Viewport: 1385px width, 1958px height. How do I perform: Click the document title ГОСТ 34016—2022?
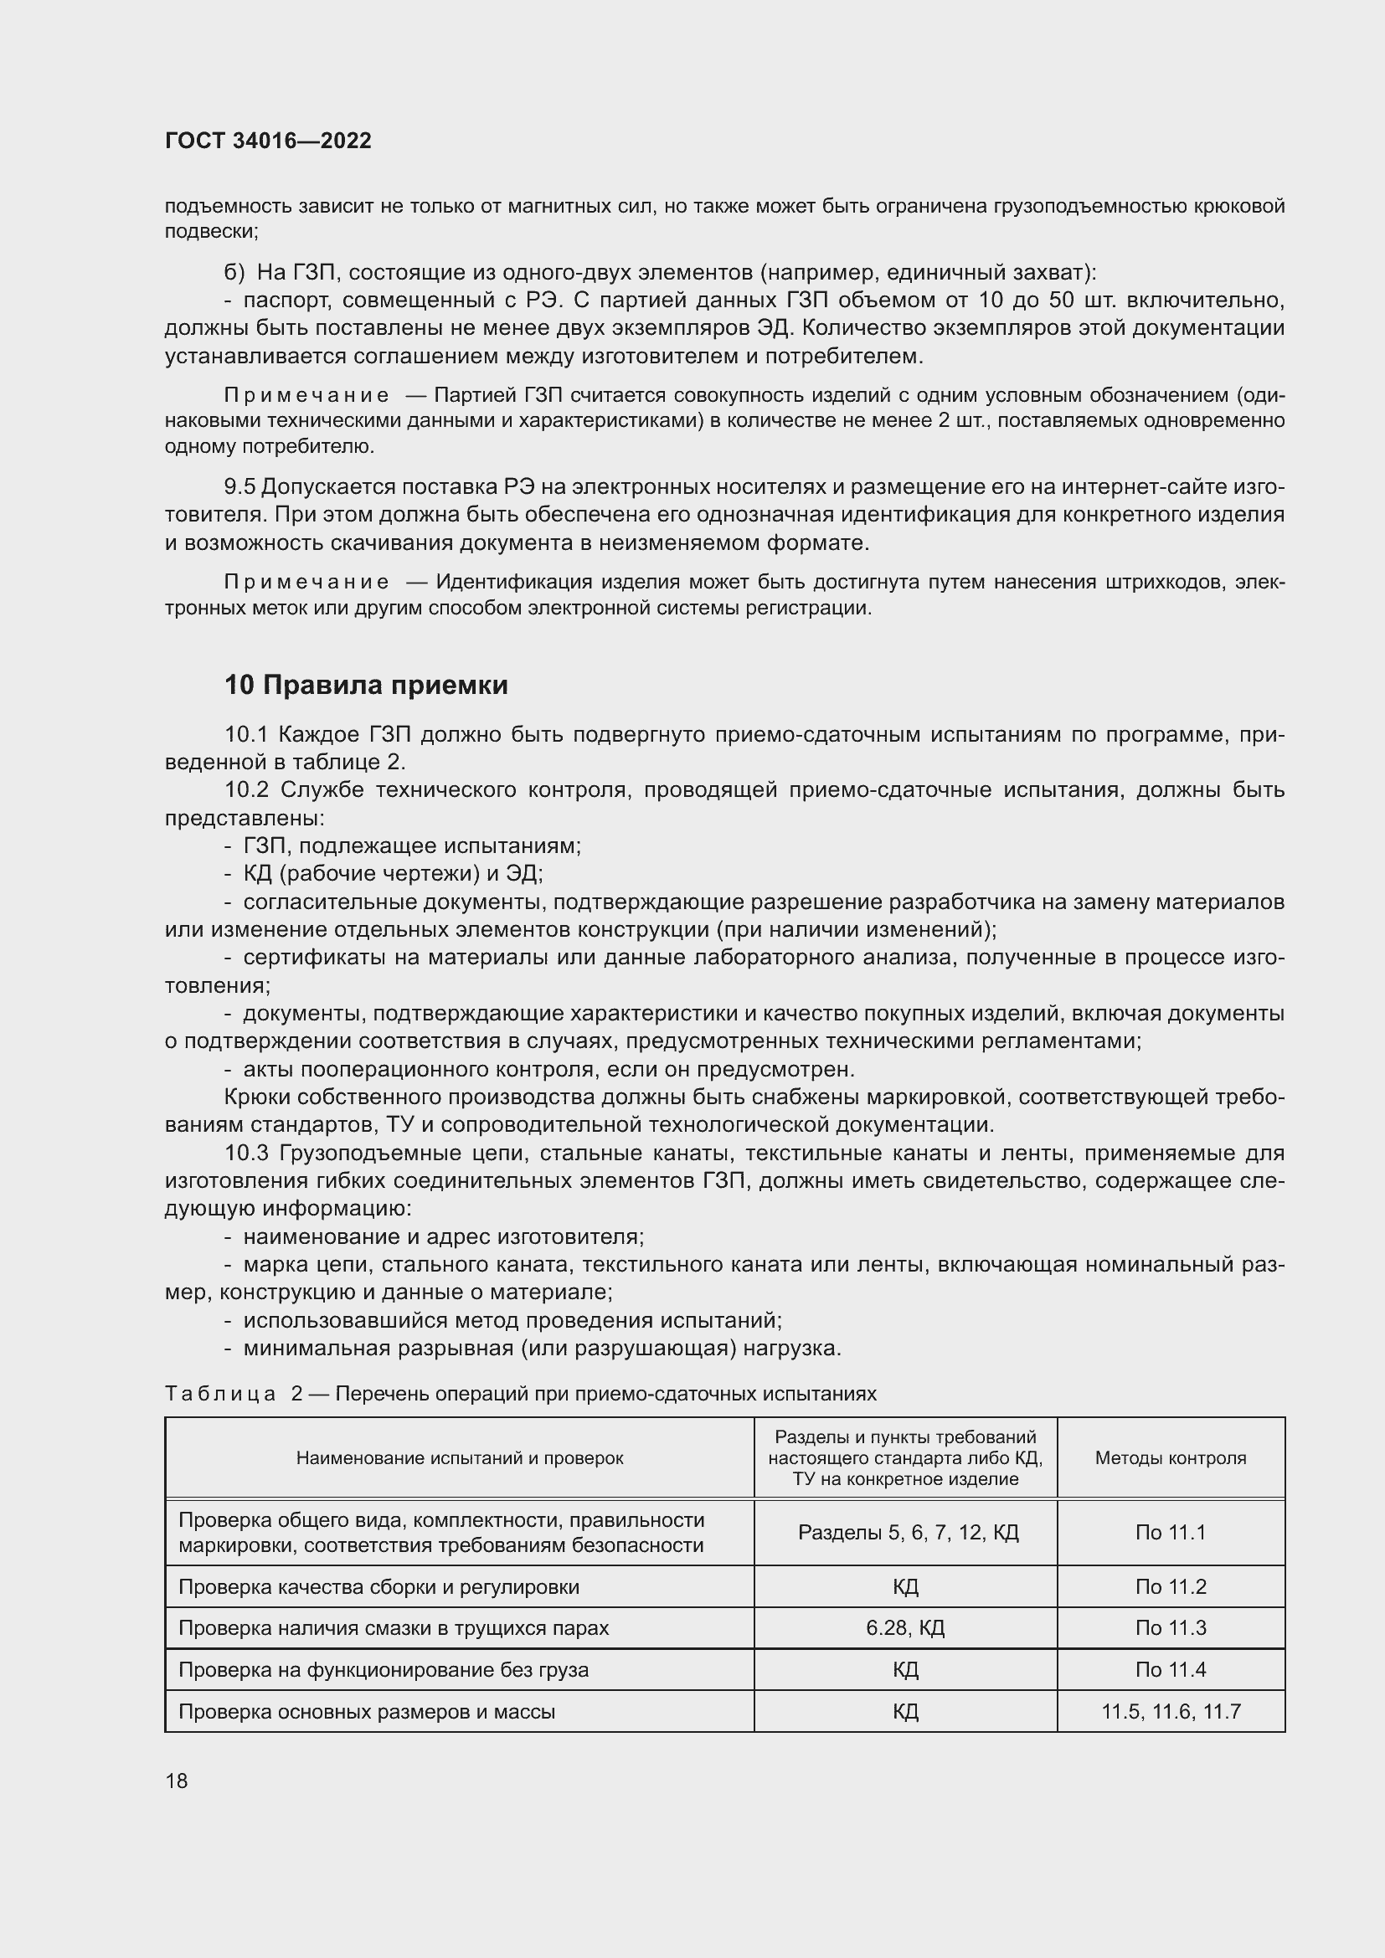(x=268, y=141)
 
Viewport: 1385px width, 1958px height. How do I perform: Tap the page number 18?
(x=177, y=1781)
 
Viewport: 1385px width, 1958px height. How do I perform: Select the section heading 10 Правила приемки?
(x=366, y=685)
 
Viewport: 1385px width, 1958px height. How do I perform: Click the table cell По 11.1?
(x=1170, y=1533)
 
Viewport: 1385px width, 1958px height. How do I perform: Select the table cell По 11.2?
(x=1170, y=1587)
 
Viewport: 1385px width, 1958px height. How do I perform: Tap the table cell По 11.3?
(x=1170, y=1628)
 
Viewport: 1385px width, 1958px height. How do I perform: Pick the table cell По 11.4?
(x=1170, y=1670)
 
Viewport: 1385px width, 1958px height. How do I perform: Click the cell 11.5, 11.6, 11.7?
(x=1170, y=1712)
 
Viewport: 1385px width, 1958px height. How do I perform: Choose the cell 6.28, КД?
(x=905, y=1628)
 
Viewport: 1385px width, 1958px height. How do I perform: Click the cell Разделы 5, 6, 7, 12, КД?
(x=909, y=1533)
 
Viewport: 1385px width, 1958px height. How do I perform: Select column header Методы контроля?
(x=1170, y=1458)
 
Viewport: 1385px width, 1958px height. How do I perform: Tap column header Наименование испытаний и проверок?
(x=460, y=1458)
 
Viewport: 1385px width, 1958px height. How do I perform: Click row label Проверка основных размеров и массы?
(x=367, y=1712)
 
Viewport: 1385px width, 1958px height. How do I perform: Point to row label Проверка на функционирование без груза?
(x=383, y=1670)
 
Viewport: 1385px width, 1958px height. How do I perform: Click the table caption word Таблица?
(x=220, y=1395)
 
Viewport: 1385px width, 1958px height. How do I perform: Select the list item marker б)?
(x=234, y=273)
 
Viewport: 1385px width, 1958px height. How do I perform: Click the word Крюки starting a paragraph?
(x=253, y=1097)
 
